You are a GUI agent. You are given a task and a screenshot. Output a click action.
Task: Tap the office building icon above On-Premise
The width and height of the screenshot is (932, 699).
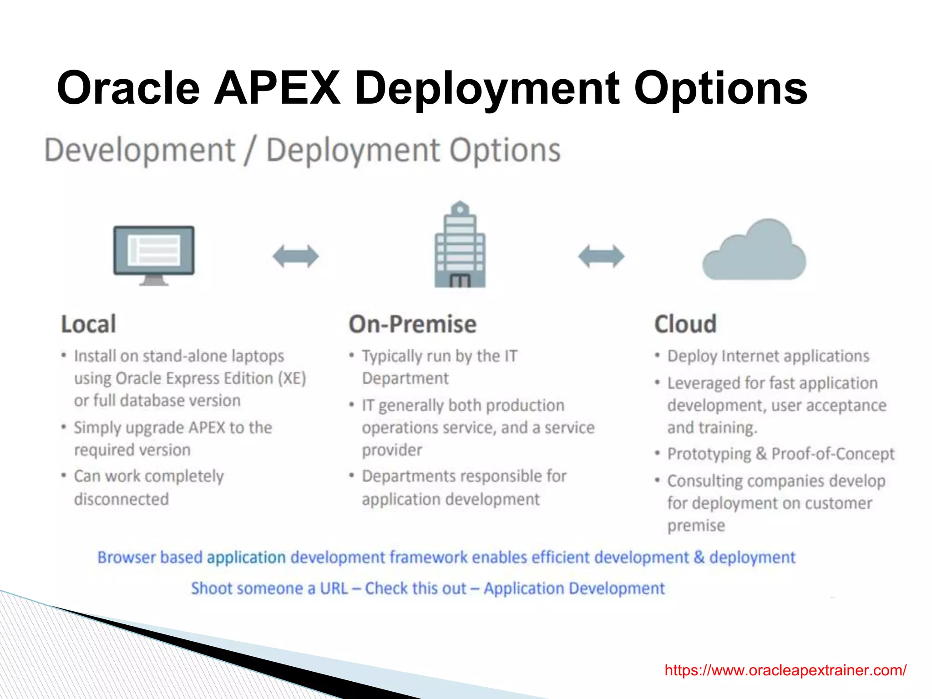[460, 246]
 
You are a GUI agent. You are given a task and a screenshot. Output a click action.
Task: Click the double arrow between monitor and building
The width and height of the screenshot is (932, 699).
[296, 256]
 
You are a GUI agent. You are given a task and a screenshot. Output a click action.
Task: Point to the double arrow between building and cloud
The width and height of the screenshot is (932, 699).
[601, 256]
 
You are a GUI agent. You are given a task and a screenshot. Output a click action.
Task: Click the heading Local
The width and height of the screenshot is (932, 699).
[89, 324]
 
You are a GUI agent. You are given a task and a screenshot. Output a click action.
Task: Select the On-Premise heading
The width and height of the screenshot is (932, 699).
[413, 324]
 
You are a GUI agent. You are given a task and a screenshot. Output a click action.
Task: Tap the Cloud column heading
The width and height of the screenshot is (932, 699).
[685, 324]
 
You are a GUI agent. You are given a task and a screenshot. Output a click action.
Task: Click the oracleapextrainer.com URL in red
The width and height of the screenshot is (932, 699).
[785, 670]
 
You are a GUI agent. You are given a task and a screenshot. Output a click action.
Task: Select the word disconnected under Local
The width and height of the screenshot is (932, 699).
[122, 499]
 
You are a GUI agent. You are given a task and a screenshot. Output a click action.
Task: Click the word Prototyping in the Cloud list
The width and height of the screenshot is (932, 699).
[709, 454]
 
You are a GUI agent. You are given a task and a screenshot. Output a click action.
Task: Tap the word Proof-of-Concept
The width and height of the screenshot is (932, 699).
[833, 454]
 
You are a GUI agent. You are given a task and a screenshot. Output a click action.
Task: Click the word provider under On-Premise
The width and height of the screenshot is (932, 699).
[392, 450]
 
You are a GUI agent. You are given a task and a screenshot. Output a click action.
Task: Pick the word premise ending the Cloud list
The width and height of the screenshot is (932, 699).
[696, 526]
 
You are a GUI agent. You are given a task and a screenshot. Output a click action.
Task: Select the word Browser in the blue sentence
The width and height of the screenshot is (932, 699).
[127, 557]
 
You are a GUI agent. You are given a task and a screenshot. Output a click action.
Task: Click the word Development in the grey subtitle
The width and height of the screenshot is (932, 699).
[140, 150]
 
